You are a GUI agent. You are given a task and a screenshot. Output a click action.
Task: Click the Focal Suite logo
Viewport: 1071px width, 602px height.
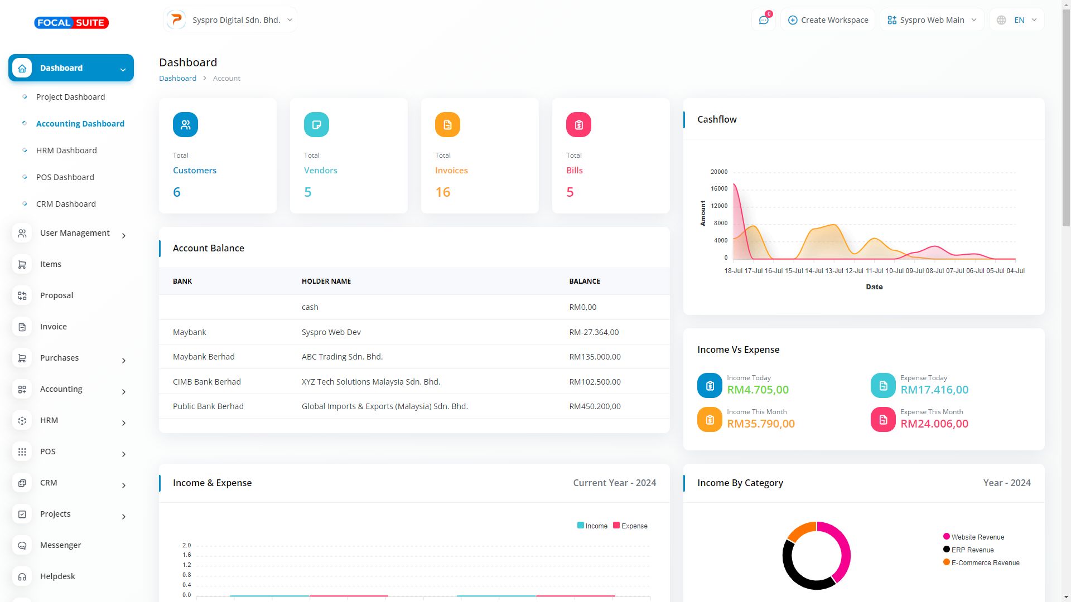coord(71,23)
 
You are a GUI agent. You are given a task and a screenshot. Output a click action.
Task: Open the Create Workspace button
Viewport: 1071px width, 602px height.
coord(828,20)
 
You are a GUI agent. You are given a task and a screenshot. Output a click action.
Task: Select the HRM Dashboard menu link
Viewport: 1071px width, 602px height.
coord(66,151)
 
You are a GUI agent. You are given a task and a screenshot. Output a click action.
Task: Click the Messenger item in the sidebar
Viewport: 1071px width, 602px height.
coord(60,545)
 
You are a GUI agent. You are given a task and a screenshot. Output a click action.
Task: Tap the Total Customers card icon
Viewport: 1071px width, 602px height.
coord(185,125)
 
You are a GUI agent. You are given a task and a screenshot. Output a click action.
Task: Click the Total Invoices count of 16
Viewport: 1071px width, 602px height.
coord(442,192)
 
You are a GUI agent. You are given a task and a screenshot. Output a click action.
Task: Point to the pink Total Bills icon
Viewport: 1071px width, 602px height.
coord(578,125)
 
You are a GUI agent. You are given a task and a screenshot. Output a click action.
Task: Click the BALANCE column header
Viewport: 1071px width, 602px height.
coord(585,281)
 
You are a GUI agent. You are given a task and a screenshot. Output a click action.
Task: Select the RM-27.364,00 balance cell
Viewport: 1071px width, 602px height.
coord(594,332)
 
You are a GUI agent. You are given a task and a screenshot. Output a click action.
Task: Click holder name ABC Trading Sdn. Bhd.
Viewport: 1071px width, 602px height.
coord(342,357)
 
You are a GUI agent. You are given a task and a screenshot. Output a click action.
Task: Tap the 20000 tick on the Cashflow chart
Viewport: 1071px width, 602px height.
coord(719,172)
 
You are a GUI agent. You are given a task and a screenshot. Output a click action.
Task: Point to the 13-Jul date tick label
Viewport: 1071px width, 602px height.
coord(834,271)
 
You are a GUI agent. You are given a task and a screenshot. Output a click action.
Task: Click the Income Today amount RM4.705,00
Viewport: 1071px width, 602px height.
coord(758,390)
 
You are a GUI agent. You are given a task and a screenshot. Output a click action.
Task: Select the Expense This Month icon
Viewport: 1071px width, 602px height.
coord(883,420)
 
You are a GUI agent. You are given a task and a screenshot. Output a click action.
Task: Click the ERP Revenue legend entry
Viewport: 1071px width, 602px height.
coord(972,550)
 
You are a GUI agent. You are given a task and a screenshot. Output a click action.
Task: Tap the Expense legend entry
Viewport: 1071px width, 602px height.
coord(630,526)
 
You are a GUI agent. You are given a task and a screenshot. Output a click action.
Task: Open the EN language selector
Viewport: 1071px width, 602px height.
coord(1018,20)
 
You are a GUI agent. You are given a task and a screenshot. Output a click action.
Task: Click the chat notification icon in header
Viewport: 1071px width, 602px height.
coord(764,20)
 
